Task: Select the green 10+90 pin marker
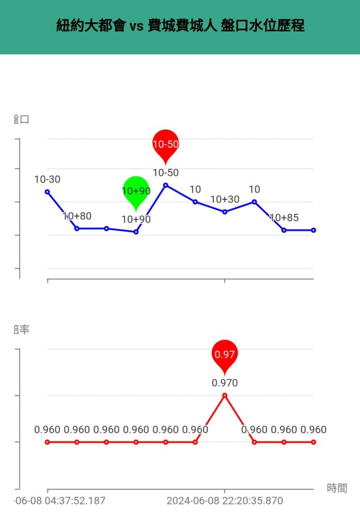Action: [x=136, y=190]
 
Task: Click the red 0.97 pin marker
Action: [x=225, y=354]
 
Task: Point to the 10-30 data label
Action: [x=47, y=180]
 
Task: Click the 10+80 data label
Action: [x=77, y=216]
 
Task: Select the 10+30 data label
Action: [x=225, y=200]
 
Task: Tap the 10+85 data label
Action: [x=284, y=217]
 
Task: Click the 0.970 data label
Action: [x=225, y=383]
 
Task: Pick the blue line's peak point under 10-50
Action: [x=165, y=185]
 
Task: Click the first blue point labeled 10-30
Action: [x=47, y=192]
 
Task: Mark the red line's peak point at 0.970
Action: [x=225, y=395]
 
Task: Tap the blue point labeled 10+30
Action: [x=225, y=212]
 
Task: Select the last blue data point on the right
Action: [x=314, y=230]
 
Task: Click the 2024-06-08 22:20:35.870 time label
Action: [x=225, y=501]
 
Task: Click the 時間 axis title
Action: [x=337, y=488]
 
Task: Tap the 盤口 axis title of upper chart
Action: [x=22, y=119]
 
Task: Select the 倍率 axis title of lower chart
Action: [x=22, y=329]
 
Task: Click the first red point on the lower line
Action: [x=47, y=442]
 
